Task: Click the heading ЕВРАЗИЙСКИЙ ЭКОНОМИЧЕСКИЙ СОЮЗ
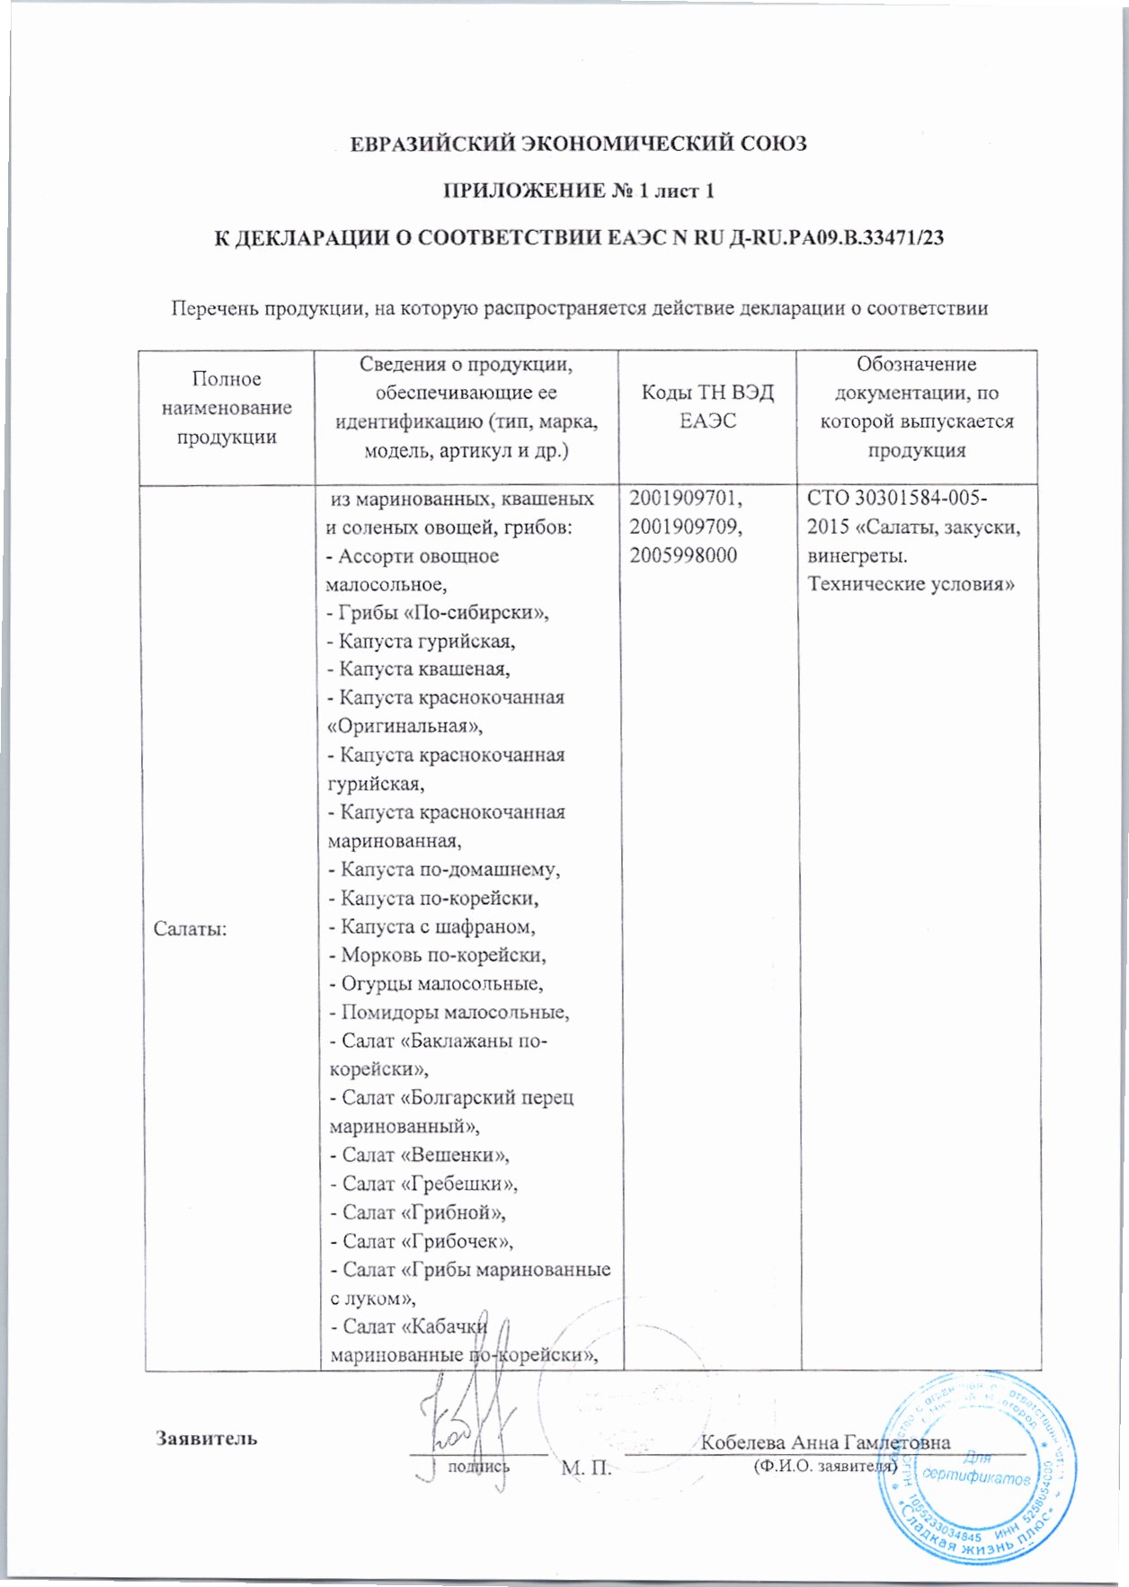578,144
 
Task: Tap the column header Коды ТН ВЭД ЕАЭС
707,406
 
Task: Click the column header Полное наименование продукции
227,408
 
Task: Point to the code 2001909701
685,498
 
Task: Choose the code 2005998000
683,555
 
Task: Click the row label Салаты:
190,928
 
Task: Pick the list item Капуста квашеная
420,669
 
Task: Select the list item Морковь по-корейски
438,955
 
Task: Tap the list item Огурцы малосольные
436,984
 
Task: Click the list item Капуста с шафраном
432,926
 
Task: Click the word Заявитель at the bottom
207,1438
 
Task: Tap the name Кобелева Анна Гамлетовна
824,1442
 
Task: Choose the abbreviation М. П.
586,1468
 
